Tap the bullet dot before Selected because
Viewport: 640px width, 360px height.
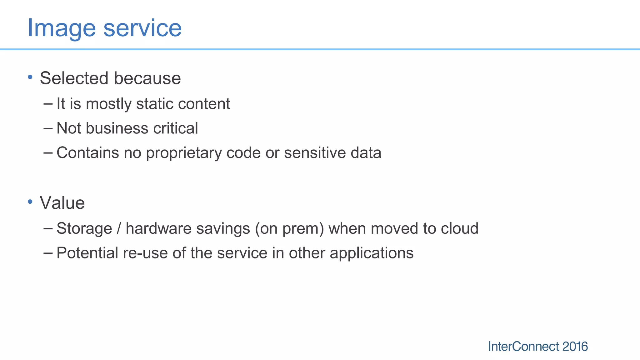point(30,77)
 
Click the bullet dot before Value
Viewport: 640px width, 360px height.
point(30,202)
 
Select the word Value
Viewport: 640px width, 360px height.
point(62,203)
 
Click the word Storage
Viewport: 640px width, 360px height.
point(84,228)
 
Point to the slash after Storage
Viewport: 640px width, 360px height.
point(119,228)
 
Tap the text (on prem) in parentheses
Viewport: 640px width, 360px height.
point(289,228)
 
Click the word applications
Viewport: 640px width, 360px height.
point(372,253)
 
